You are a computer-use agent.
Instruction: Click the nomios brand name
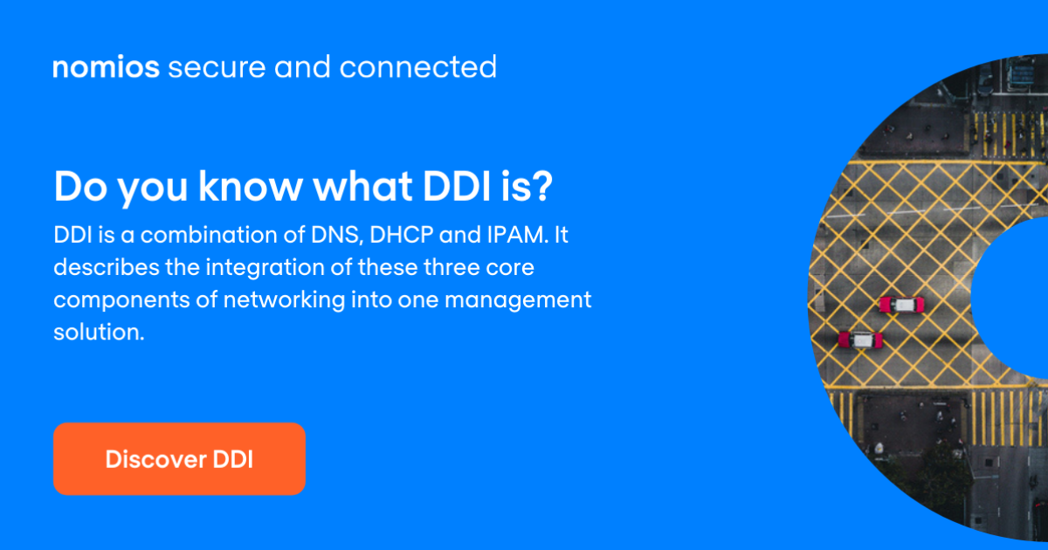(x=106, y=68)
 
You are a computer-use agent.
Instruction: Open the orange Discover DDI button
(x=179, y=459)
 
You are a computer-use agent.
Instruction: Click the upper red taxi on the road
(x=901, y=305)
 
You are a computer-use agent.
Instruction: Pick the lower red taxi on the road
(x=860, y=340)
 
